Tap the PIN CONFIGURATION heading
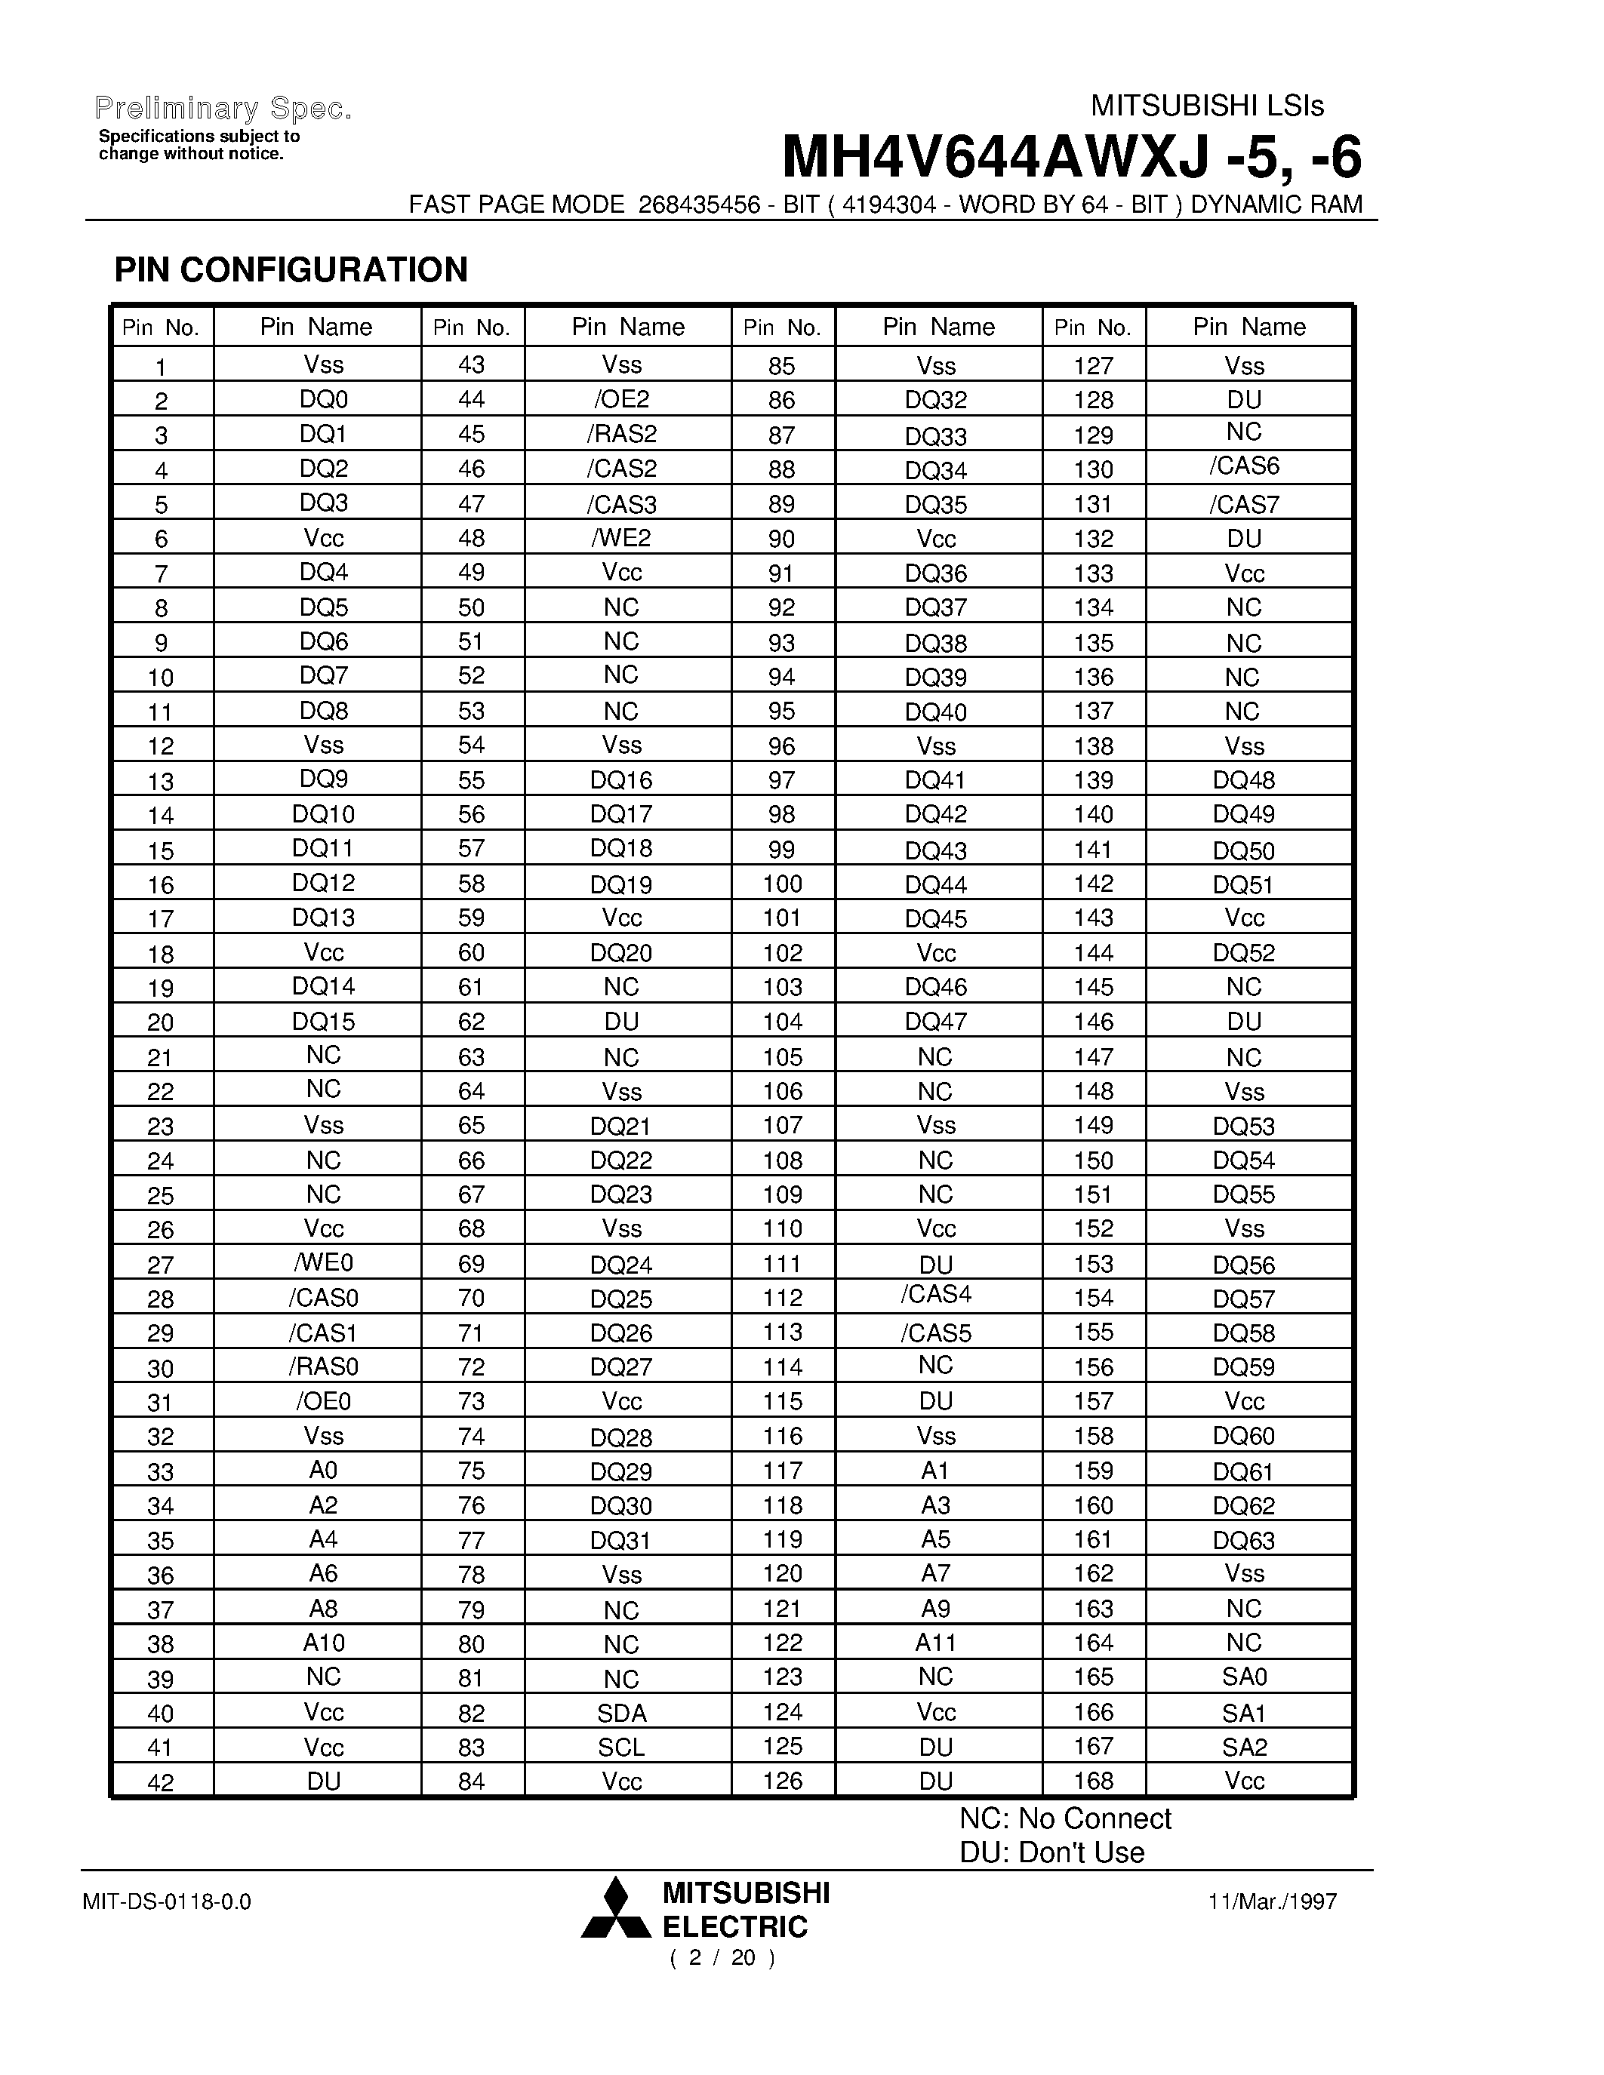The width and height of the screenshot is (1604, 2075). point(291,270)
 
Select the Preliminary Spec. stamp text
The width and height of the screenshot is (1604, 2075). point(224,109)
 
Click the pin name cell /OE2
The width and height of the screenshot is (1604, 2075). point(621,399)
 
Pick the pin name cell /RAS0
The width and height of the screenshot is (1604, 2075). point(323,1366)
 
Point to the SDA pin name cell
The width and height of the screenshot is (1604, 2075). point(621,1713)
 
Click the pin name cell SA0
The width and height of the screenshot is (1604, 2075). point(1244,1677)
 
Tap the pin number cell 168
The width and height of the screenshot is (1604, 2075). point(1093,1781)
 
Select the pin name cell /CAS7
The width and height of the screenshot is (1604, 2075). point(1244,503)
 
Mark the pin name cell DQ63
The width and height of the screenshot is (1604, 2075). point(1244,1539)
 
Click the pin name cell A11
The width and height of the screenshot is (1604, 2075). point(935,1643)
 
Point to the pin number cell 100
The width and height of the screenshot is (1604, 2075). point(782,884)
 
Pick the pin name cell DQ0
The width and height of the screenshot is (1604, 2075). point(323,399)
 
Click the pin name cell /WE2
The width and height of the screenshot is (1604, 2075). point(621,538)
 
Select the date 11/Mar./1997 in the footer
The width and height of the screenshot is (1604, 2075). point(1273,1901)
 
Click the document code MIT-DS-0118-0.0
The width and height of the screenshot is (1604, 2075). point(168,1901)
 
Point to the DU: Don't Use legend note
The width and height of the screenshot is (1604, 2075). point(1051,1852)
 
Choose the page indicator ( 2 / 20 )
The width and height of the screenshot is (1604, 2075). point(722,1958)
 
